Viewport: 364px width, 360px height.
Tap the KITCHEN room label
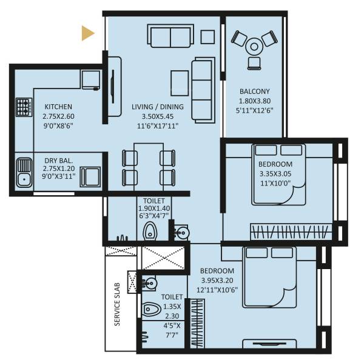(x=58, y=106)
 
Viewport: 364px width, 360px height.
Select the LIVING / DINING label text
(x=161, y=107)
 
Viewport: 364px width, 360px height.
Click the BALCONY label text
(x=254, y=92)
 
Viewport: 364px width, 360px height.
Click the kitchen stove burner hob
(x=24, y=108)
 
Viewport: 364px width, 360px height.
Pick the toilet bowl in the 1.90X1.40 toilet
(x=149, y=230)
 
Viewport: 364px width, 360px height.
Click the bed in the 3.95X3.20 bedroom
(x=276, y=276)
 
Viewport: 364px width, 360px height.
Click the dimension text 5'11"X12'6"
(x=254, y=110)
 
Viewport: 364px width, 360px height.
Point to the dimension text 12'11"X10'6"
(x=217, y=288)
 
